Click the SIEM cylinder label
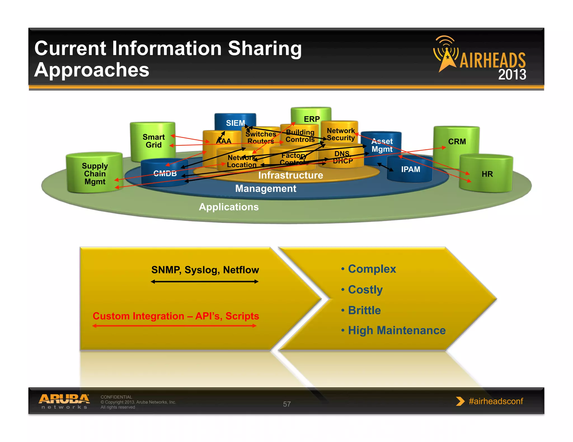(235, 123)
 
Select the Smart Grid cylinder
(153, 141)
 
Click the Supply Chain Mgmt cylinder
(95, 174)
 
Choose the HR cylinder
(487, 174)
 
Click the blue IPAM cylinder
(410, 169)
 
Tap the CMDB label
(165, 174)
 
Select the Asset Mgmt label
(382, 145)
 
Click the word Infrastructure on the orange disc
(290, 175)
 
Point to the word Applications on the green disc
(229, 207)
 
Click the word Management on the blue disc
(266, 189)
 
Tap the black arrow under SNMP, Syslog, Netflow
(205, 282)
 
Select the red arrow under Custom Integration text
(175, 326)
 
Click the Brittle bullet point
(364, 310)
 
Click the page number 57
(287, 404)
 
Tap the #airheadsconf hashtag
(495, 401)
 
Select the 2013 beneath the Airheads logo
(512, 75)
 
